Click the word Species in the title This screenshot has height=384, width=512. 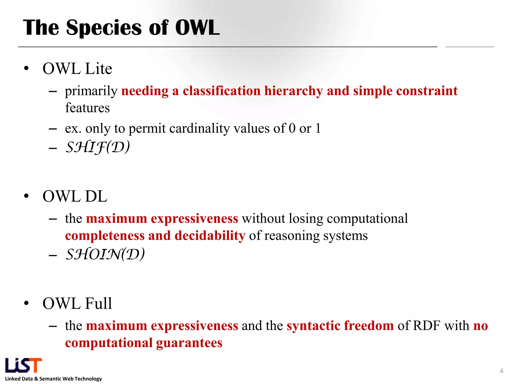pyautogui.click(x=104, y=28)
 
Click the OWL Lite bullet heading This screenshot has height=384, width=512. pyautogui.click(x=77, y=68)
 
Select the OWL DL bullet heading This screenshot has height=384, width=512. pyautogui.click(x=75, y=196)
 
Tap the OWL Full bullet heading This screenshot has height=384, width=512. pyautogui.click(x=77, y=303)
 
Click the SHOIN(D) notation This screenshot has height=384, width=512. pyautogui.click(x=105, y=254)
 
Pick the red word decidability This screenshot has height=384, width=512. pyautogui.click(x=210, y=236)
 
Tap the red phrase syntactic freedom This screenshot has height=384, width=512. pyautogui.click(x=340, y=326)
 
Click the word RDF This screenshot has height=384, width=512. pyautogui.click(x=426, y=326)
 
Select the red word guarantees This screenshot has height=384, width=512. pyautogui.click(x=189, y=343)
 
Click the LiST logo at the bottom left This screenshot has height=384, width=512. pyautogui.click(x=23, y=365)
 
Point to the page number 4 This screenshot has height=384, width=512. pyautogui.click(x=501, y=371)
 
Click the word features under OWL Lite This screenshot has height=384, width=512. pyautogui.click(x=87, y=108)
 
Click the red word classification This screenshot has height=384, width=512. pyautogui.click(x=221, y=91)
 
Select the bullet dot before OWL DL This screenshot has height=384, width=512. pyautogui.click(x=26, y=196)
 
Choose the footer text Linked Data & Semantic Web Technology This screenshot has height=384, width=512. pyautogui.click(x=53, y=379)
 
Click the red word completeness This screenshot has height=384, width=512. pyautogui.click(x=105, y=236)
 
